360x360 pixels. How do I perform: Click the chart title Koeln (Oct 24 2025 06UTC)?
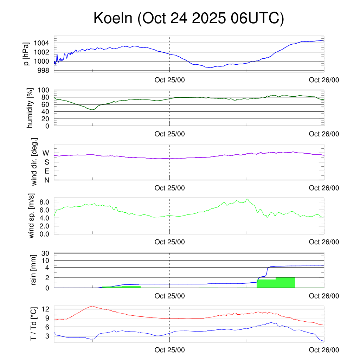(188, 19)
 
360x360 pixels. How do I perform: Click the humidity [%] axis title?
(30, 108)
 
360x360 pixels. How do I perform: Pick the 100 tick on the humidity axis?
(45, 90)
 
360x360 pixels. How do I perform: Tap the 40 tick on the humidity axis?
(47, 112)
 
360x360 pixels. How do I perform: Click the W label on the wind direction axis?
(46, 153)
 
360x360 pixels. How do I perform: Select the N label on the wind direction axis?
(47, 180)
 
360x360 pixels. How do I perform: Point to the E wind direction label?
(47, 171)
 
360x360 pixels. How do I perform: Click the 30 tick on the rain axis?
(47, 253)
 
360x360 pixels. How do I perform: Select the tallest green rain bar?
(285, 282)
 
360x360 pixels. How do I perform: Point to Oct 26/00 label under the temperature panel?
(324, 350)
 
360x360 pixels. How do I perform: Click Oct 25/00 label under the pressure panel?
(170, 80)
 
